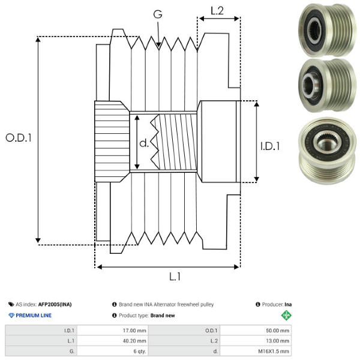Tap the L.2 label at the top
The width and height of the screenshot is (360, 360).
[x=217, y=10]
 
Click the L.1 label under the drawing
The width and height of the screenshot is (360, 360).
[x=175, y=277]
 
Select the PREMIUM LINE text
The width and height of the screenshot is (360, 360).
[x=34, y=316]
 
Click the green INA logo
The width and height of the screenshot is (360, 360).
[x=287, y=316]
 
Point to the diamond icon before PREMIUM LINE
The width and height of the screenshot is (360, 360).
[x=11, y=316]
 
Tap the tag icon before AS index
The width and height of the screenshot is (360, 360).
[x=11, y=305]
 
